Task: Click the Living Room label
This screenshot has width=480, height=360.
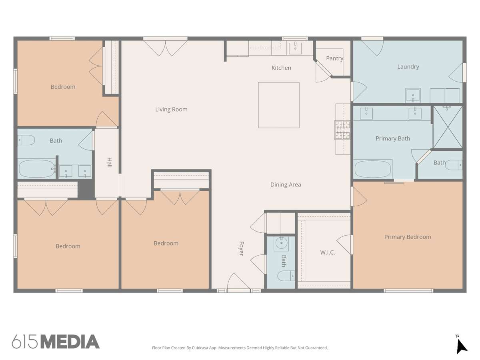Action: coord(171,109)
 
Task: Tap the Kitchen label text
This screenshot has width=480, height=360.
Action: coord(281,68)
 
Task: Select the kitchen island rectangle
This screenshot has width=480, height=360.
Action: coord(279,105)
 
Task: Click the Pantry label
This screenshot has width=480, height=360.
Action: coord(334,58)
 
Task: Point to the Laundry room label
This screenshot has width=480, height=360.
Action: coord(408,67)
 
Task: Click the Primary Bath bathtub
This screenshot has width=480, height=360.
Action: coord(373,169)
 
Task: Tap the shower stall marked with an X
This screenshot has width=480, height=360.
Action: coord(448,127)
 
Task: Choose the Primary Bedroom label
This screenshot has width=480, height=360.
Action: coord(408,237)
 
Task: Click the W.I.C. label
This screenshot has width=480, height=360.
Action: coord(327,252)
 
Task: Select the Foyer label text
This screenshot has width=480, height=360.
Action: coord(242,248)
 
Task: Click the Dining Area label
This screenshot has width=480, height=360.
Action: coord(286,185)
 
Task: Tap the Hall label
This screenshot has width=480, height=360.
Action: coord(109,162)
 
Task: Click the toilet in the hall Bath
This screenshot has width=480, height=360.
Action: coord(26,140)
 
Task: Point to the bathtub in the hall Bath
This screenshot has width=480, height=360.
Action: coord(37,168)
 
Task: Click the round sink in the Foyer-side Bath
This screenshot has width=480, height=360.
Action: coord(281,243)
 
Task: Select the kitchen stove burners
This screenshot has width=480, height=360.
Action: coord(342,130)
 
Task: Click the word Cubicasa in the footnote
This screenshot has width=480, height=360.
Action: coord(200,348)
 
